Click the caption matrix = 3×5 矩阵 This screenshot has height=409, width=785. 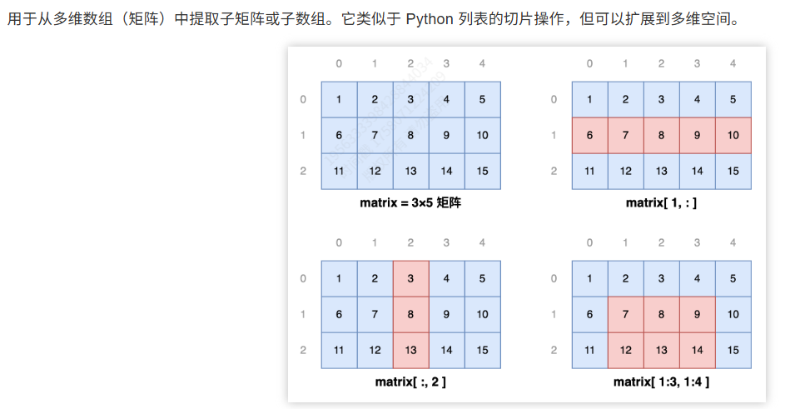click(410, 202)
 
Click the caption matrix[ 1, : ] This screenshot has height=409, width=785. click(661, 202)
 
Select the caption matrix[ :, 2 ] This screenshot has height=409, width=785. click(410, 382)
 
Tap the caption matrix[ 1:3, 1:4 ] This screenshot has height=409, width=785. click(661, 382)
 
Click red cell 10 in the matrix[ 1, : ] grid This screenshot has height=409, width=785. click(733, 135)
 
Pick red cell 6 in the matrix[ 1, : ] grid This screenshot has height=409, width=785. click(589, 135)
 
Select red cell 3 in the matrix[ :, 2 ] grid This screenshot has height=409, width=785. click(410, 278)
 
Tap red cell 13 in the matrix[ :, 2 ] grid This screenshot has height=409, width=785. click(410, 350)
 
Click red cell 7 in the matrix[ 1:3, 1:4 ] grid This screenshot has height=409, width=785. click(625, 314)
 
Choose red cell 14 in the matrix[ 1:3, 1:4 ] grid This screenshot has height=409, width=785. click(697, 350)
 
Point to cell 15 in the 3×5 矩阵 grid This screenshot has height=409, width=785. click(483, 171)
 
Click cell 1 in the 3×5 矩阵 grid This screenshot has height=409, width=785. click(339, 100)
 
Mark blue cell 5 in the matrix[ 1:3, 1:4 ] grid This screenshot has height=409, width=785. click(733, 278)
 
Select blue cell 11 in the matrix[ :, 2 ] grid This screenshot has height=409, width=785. click(339, 350)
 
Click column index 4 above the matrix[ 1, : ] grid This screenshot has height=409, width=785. click(733, 64)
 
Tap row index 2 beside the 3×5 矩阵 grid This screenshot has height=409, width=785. click(303, 171)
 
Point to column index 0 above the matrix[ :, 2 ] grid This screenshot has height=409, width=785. click(339, 243)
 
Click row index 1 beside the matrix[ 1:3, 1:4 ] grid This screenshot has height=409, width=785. click(554, 314)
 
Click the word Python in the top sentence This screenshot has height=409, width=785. click(430, 18)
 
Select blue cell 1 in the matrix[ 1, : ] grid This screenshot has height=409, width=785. click(589, 100)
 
